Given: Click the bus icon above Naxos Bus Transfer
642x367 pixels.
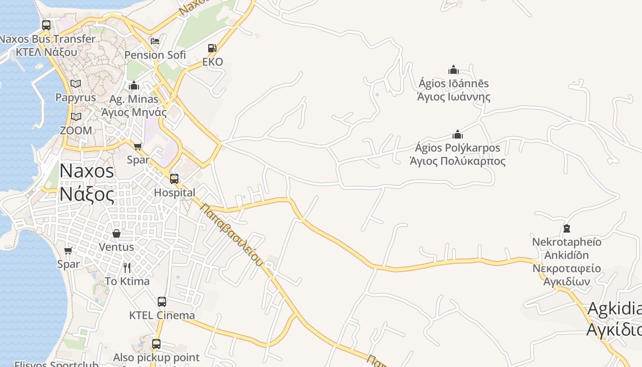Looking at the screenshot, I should point(46,25).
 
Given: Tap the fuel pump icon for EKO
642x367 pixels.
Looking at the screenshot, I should point(212,48).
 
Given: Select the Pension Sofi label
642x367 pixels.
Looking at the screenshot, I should point(155,55).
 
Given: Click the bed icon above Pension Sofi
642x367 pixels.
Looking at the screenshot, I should point(155,41).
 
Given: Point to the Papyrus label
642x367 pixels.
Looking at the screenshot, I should point(76,97).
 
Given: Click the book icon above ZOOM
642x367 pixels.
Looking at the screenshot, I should point(76,117).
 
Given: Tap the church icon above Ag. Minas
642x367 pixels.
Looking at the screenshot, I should point(134,85).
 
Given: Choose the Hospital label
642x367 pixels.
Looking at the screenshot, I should point(174,193).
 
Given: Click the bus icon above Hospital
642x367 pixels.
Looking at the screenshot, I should point(174,178).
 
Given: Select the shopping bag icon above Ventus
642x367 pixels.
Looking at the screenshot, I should point(116,234).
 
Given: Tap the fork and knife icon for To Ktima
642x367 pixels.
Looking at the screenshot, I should point(127,267).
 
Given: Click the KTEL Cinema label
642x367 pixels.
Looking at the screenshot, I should point(162,316).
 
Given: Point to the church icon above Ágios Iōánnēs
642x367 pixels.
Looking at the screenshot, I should point(454,70).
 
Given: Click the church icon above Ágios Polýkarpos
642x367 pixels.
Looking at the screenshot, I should point(457,134).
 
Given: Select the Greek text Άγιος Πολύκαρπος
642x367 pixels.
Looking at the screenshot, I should point(457,161).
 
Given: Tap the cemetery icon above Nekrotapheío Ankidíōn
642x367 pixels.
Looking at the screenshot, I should point(567,228).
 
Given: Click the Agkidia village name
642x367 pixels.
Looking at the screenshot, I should point(614,309).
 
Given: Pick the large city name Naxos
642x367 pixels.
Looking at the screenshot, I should point(87,171).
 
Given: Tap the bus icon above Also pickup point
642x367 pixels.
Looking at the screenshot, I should point(156,344).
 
